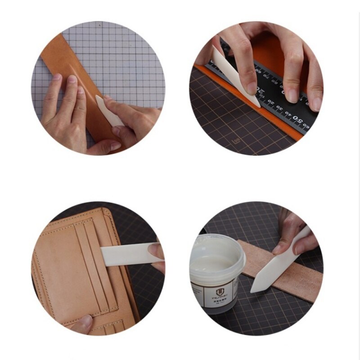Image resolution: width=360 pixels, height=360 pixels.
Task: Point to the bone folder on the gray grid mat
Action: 108,110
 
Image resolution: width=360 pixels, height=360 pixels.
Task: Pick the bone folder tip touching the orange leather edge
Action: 257,105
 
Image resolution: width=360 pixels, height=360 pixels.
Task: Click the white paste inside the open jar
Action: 216,261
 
